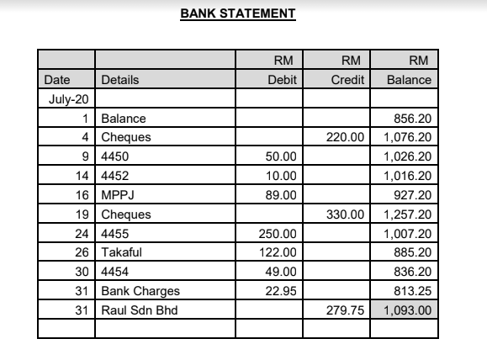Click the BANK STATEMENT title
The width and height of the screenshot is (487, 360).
238,14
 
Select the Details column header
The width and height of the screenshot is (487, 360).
119,80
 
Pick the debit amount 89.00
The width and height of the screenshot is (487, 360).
282,195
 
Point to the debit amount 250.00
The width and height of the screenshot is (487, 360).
279,234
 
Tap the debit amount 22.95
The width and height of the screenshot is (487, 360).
282,291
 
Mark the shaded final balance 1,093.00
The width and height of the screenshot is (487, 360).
407,310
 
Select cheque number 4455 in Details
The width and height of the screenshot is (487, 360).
114,234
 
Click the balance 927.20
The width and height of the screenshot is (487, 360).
413,195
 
